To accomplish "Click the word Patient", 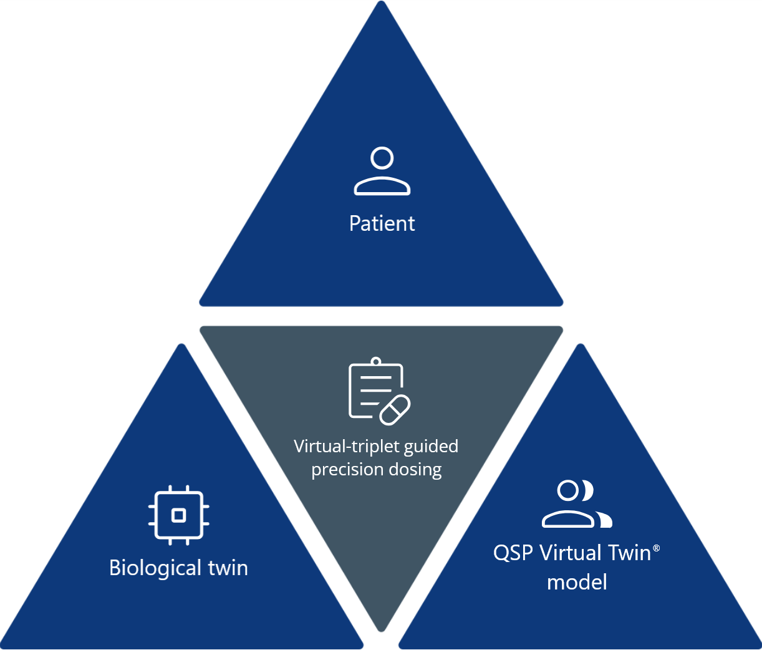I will coord(382,223).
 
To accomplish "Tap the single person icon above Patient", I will coord(382,172).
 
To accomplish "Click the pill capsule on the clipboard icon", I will coord(395,410).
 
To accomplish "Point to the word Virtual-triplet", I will coord(348,447).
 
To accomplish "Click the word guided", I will coord(431,447).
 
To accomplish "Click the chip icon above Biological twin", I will coord(179,515).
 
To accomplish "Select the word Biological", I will coord(155,568).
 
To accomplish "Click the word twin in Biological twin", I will coord(228,568).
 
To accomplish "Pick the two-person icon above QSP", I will coord(576,504).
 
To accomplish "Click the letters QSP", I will coord(513,553).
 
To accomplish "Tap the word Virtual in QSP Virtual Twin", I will coord(571,553).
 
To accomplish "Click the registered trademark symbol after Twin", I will coord(656,547).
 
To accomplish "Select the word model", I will coord(577,582).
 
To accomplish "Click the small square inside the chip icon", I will coord(179,515).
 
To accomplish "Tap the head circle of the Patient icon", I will coord(382,158).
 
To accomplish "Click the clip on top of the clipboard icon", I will coord(375,362).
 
